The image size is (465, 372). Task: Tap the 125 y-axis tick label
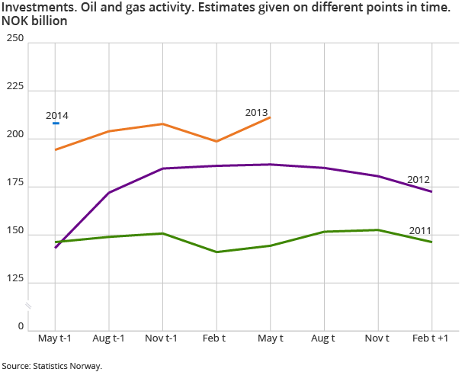[x=14, y=280]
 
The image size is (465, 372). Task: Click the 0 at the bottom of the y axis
[x=21, y=327]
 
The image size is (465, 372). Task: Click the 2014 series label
[x=56, y=115]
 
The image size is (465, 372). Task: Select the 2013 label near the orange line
[x=256, y=112]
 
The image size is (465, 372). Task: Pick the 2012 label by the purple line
[x=418, y=180]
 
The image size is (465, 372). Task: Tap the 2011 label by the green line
[x=421, y=230]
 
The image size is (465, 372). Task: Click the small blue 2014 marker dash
[x=56, y=123]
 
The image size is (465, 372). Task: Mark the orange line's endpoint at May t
[x=271, y=117]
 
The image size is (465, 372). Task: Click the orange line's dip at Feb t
[x=216, y=141]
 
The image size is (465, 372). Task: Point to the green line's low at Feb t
[x=216, y=252]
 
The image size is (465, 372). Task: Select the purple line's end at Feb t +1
[x=432, y=191]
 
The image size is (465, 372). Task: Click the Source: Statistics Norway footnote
[x=52, y=366]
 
